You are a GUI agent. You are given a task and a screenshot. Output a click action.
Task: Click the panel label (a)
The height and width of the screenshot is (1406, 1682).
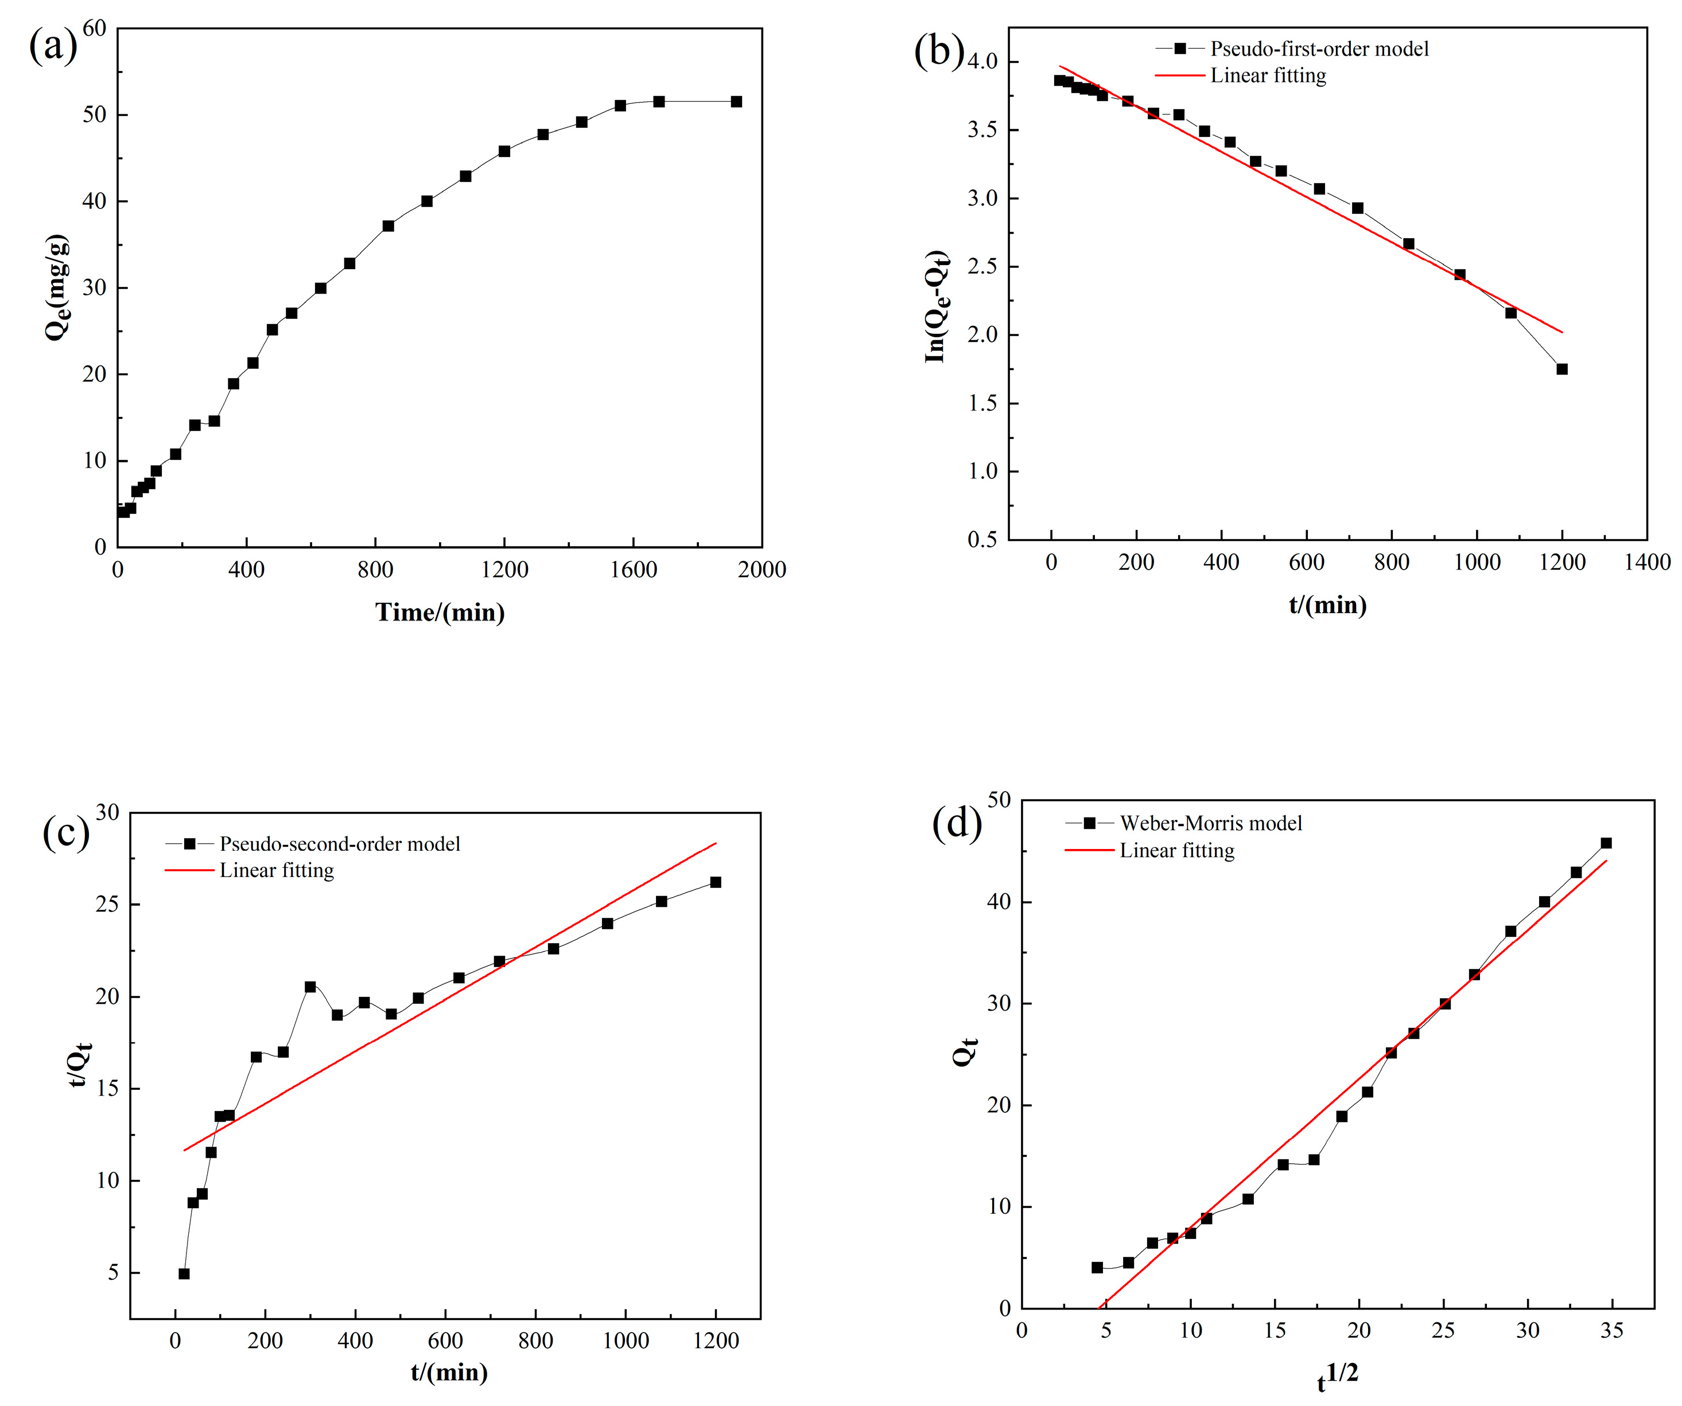coord(53,46)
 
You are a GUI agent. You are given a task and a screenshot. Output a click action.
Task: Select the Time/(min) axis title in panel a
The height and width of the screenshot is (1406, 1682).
coord(440,613)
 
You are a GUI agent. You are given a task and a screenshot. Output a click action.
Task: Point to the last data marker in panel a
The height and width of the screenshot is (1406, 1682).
coord(736,102)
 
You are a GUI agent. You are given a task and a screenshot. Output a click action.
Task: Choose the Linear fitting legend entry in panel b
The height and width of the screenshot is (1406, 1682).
coord(1268,75)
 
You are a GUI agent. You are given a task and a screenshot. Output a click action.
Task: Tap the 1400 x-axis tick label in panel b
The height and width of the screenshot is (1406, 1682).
coord(1647,562)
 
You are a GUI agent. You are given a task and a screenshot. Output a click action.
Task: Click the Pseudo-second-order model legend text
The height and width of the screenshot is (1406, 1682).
coord(340,844)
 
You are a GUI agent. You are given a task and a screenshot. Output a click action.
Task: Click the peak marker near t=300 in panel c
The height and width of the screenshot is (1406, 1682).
coord(310,987)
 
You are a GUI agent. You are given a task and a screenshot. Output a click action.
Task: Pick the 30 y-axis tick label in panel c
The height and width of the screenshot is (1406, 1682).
coord(107,813)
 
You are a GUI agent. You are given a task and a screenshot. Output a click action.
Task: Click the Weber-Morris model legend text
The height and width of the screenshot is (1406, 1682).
coord(1210,823)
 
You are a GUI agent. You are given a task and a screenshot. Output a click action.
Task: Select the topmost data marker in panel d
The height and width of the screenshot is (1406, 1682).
coord(1606,843)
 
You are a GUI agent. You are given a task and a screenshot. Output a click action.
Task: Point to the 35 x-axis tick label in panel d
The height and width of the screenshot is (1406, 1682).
coord(1611,1331)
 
